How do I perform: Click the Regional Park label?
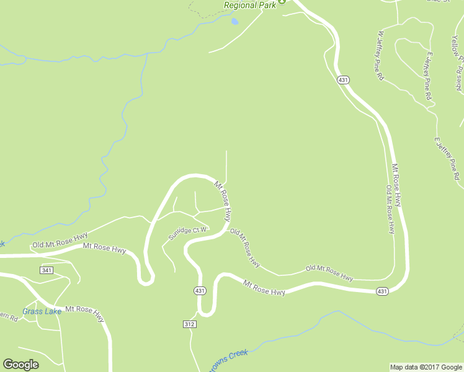pos(249,5)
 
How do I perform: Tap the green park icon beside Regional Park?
pos(282,2)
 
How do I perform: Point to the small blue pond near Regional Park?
pos(234,21)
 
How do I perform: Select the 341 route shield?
pos(47,270)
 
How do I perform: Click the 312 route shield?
pos(190,324)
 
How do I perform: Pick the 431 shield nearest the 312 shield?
pos(199,290)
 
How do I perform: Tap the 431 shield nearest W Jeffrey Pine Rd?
pos(342,79)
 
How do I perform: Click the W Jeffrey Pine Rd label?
pos(379,56)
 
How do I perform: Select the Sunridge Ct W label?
pos(187,233)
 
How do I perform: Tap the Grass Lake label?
pos(42,311)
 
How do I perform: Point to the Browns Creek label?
pos(230,356)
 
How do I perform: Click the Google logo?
pos(20,365)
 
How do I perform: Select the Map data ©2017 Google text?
pos(426,367)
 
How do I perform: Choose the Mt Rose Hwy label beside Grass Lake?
pos(85,312)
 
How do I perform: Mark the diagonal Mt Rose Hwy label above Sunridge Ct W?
pos(223,202)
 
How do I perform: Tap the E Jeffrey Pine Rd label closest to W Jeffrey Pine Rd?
pos(427,76)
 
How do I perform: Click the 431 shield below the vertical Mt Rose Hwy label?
pos(383,291)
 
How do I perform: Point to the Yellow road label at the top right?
pos(457,46)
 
